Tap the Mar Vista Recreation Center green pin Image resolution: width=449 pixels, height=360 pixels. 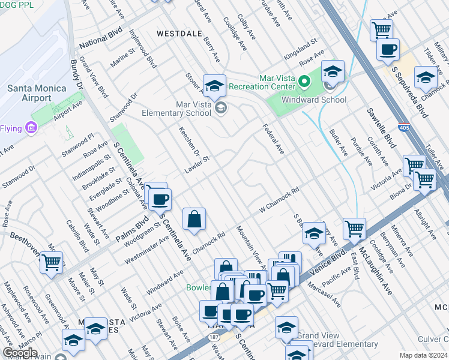coord(305,80)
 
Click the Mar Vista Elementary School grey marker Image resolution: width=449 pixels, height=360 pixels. coord(221,108)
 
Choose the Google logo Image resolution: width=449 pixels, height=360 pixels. coord(20,353)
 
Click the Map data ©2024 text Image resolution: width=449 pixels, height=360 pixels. coord(423,355)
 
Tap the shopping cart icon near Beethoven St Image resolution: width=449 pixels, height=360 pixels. coord(52,262)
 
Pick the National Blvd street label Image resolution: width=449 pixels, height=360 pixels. coord(100,37)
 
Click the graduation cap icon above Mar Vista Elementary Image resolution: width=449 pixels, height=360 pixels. coord(214,86)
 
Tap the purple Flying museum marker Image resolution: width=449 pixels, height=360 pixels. coord(32,128)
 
